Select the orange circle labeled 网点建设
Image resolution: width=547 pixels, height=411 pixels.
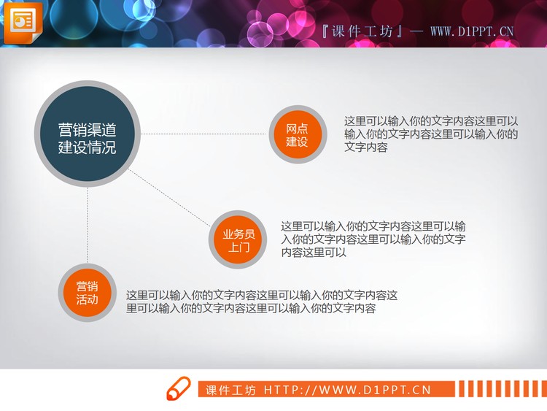tap(297, 135)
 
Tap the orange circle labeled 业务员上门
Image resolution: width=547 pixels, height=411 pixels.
tap(238, 240)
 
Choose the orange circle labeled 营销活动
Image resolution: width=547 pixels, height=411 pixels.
tap(87, 292)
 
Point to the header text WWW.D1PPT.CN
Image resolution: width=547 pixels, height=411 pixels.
tap(472, 31)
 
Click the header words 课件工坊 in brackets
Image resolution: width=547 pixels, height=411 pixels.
tap(362, 31)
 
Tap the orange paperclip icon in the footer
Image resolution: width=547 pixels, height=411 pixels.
tap(179, 389)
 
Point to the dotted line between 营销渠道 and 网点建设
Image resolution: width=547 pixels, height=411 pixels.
tap(204, 134)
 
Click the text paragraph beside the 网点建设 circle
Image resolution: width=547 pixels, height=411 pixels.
tap(431, 134)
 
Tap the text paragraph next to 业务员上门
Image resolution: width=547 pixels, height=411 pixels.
tap(373, 239)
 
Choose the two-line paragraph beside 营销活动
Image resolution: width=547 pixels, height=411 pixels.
tap(262, 302)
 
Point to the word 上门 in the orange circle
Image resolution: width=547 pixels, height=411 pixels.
tap(238, 247)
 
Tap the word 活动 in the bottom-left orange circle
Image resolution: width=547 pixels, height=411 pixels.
tap(87, 299)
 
